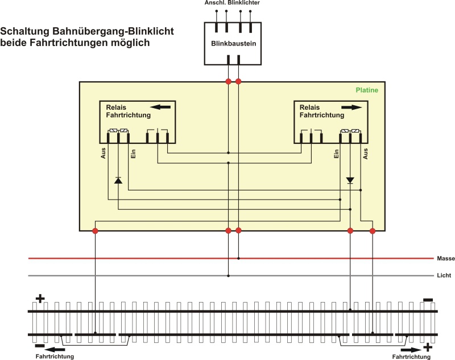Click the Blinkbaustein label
pos(232,43)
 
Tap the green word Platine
pos(366,90)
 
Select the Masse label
pos(445,258)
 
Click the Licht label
pos(444,276)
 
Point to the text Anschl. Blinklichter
pos(233,3)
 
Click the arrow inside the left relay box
pos(160,106)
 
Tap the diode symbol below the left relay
pos(118,180)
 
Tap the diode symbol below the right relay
pos(350,180)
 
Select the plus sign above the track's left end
pos(40,298)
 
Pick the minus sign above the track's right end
pos(428,300)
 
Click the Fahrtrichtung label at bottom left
pos(55,356)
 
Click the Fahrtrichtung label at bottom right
pos(411,356)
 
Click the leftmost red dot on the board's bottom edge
pos(95,230)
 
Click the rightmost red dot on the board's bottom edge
pos(373,230)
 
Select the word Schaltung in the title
pos(28,31)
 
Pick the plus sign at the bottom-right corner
pos(428,346)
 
